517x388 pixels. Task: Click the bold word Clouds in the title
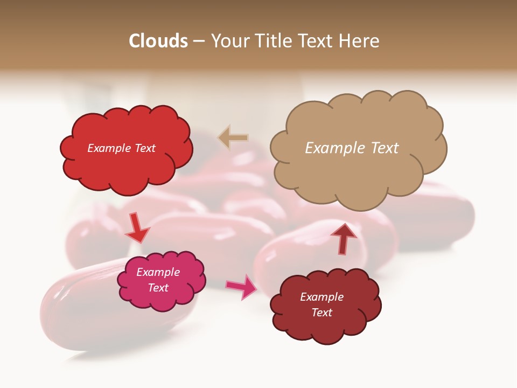click(x=158, y=41)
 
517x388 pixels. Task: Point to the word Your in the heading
click(x=230, y=41)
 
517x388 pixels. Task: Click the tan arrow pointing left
click(x=233, y=138)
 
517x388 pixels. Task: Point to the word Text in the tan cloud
click(x=385, y=148)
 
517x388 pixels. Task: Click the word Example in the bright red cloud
click(x=109, y=148)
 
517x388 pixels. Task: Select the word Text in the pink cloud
click(x=158, y=288)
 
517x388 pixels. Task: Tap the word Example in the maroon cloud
click(x=322, y=297)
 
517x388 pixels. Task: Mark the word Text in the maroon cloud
click(x=322, y=313)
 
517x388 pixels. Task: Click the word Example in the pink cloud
click(x=158, y=272)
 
